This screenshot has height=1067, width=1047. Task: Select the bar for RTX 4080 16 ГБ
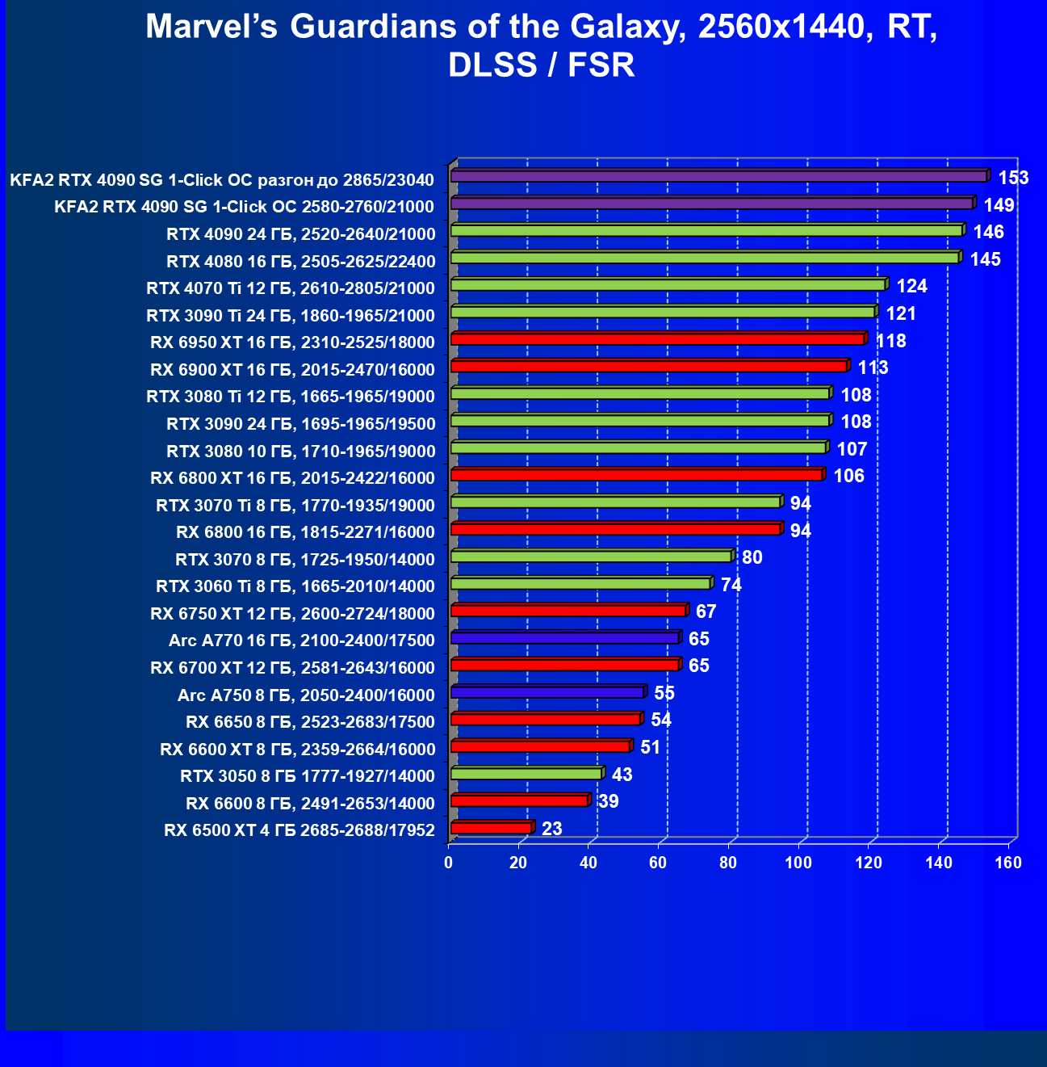coord(704,258)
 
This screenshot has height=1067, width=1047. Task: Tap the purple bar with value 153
coord(718,176)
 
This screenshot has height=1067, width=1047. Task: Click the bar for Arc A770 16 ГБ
coord(564,638)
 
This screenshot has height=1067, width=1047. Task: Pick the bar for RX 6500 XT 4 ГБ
coord(491,828)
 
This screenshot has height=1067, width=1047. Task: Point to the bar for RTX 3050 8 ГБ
coord(526,774)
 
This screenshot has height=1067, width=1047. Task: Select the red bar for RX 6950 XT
coord(657,339)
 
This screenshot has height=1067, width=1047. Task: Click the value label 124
coord(912,286)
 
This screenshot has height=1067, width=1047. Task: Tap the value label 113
coord(873,368)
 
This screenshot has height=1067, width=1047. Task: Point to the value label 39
coord(608,801)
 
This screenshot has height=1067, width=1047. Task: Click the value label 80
coord(752,557)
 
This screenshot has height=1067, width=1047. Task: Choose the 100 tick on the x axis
coord(798,863)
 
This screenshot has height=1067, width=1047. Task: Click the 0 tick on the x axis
coord(449,863)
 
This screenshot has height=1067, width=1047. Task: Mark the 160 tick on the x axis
coord(1008,863)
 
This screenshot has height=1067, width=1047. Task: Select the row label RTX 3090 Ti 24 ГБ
coord(291,315)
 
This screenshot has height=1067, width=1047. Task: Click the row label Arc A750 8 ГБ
coord(306,695)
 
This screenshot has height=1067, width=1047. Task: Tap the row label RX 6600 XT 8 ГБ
coord(297,749)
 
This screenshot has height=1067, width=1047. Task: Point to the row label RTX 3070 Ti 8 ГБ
coord(295,505)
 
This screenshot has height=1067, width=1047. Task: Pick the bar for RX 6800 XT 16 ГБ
coord(636,475)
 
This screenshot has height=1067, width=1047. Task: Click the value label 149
coord(999,204)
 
